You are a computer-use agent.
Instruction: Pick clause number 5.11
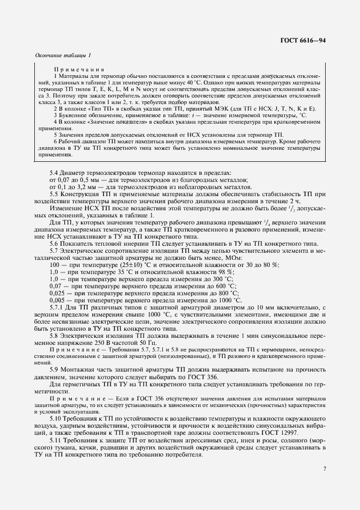point(57,440)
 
